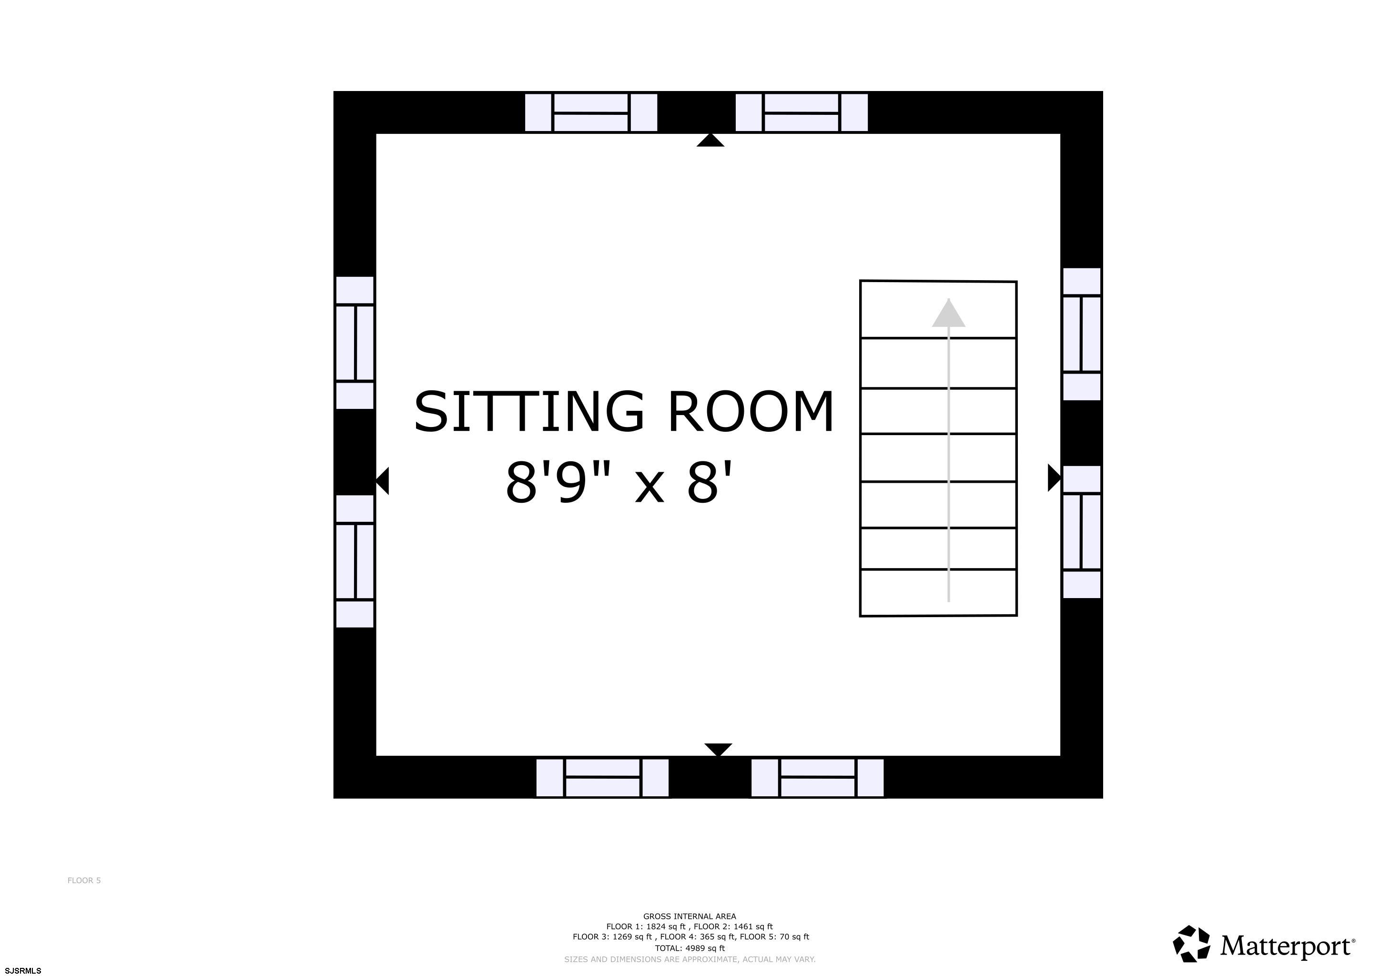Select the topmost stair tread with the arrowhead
(938, 309)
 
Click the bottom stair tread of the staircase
(938, 592)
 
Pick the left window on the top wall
(591, 112)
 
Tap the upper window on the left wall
(355, 343)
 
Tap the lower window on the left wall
(355, 561)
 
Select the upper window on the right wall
(1082, 334)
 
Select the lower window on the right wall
(1082, 532)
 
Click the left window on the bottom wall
(602, 778)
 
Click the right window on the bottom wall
(817, 778)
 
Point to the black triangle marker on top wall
(710, 141)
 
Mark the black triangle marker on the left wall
(383, 481)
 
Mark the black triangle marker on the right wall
(1054, 478)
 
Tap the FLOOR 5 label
(84, 880)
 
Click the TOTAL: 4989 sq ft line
(690, 948)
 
